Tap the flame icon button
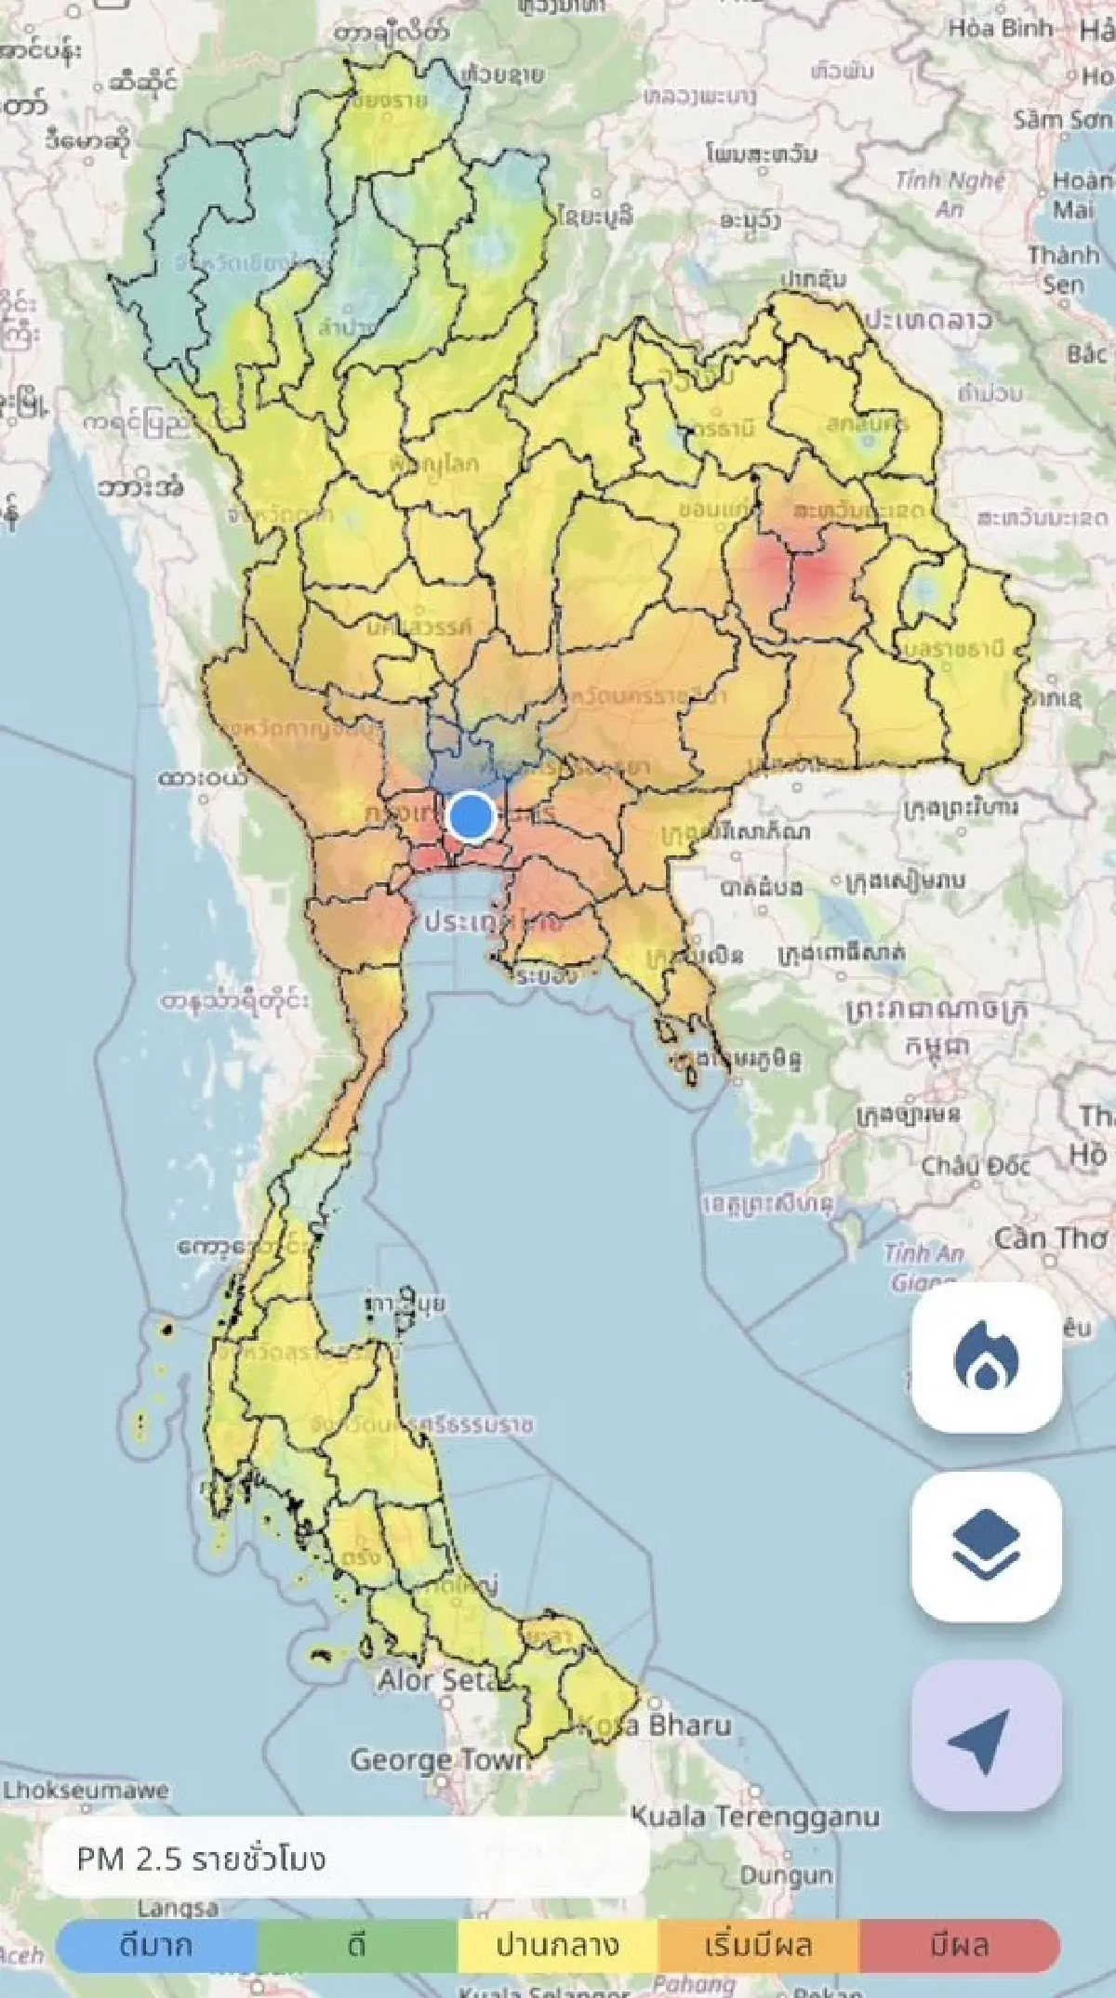coord(986,1359)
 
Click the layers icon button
coord(986,1547)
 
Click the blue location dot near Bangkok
coord(472,816)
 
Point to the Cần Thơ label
coord(1051,1239)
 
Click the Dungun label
coord(786,1875)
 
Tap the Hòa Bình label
coord(1000,28)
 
